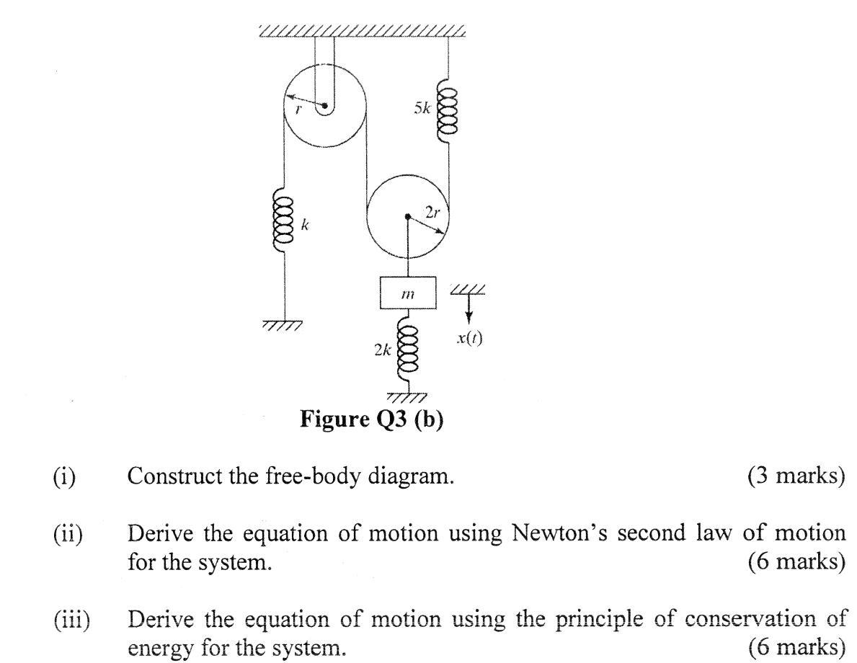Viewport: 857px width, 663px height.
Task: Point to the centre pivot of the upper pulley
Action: click(325, 107)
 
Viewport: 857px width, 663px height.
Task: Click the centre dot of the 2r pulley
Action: click(408, 216)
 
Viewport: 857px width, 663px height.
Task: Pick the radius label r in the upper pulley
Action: click(298, 110)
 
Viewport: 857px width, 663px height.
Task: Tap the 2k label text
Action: click(382, 350)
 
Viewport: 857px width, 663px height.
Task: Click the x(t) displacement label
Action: click(470, 338)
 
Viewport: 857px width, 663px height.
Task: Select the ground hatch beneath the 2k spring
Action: click(407, 396)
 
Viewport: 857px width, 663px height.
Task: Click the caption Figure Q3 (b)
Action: click(371, 419)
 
